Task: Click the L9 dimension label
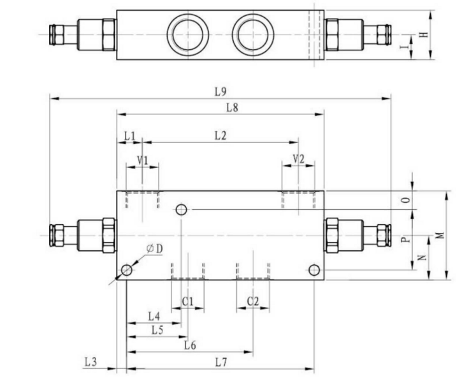220,91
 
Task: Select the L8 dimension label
233,107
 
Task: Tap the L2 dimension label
220,136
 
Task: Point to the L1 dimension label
129,136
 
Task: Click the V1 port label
143,160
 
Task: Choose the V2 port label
298,159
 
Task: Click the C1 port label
187,301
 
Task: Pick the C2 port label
253,301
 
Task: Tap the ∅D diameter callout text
154,248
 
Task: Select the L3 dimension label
90,362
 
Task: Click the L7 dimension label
221,362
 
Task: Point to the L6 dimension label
191,345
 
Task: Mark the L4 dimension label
154,317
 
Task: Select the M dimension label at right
440,235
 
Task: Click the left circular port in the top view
188,34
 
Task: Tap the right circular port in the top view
253,34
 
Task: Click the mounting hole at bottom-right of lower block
314,270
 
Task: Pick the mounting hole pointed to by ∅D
127,270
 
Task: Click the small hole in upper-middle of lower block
182,209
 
